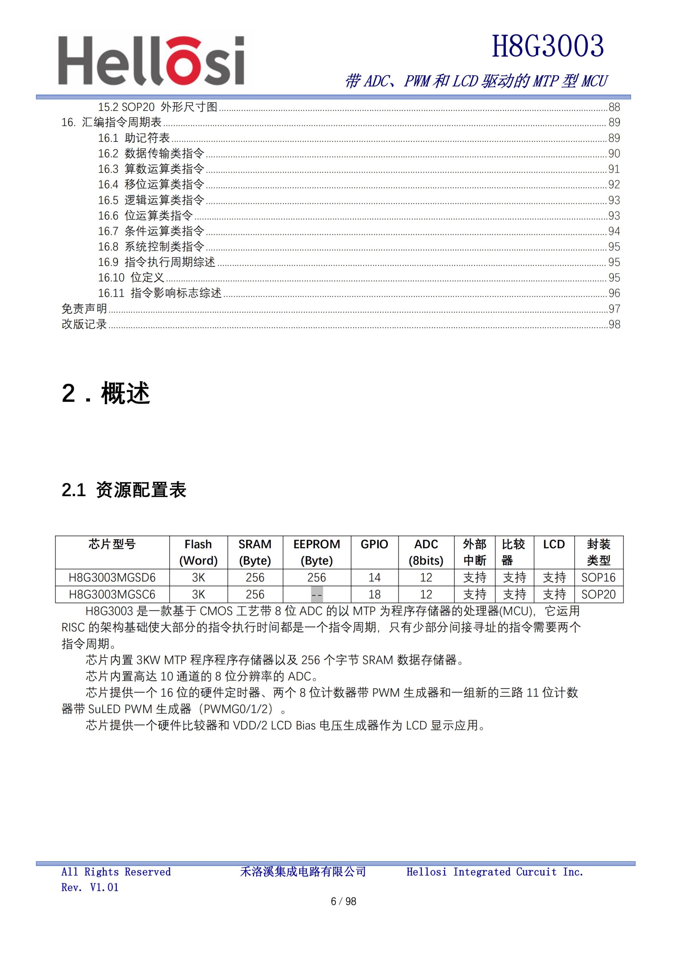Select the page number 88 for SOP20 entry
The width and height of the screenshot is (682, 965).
[614, 107]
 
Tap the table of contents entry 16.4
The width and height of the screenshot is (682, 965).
[151, 184]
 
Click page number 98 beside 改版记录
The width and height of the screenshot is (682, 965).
[614, 325]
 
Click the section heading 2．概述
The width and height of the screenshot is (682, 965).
[106, 394]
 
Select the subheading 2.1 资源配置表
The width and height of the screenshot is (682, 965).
[124, 490]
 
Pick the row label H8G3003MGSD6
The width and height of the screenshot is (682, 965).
[112, 578]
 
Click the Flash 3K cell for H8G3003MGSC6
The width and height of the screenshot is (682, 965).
[198, 595]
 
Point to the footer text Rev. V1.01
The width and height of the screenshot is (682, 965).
[90, 887]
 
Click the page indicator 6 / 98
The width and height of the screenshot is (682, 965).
[343, 901]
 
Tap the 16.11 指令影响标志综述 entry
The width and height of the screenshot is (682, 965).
[159, 293]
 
